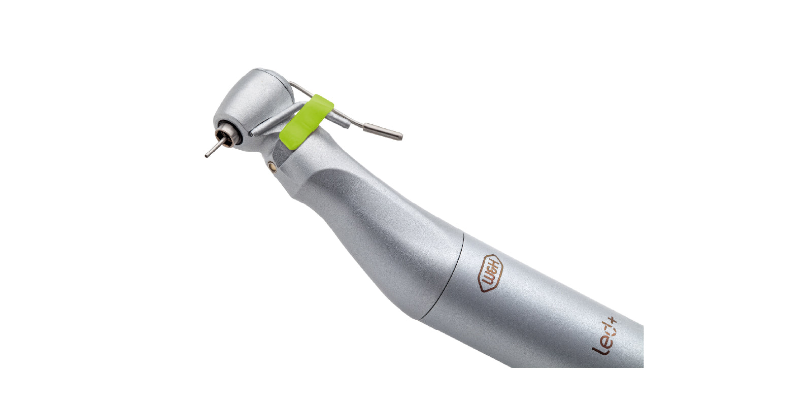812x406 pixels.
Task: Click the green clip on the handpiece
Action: [x=307, y=121]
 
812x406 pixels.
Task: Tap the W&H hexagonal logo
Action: [x=490, y=273]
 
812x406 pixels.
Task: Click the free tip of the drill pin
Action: [x=207, y=156]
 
